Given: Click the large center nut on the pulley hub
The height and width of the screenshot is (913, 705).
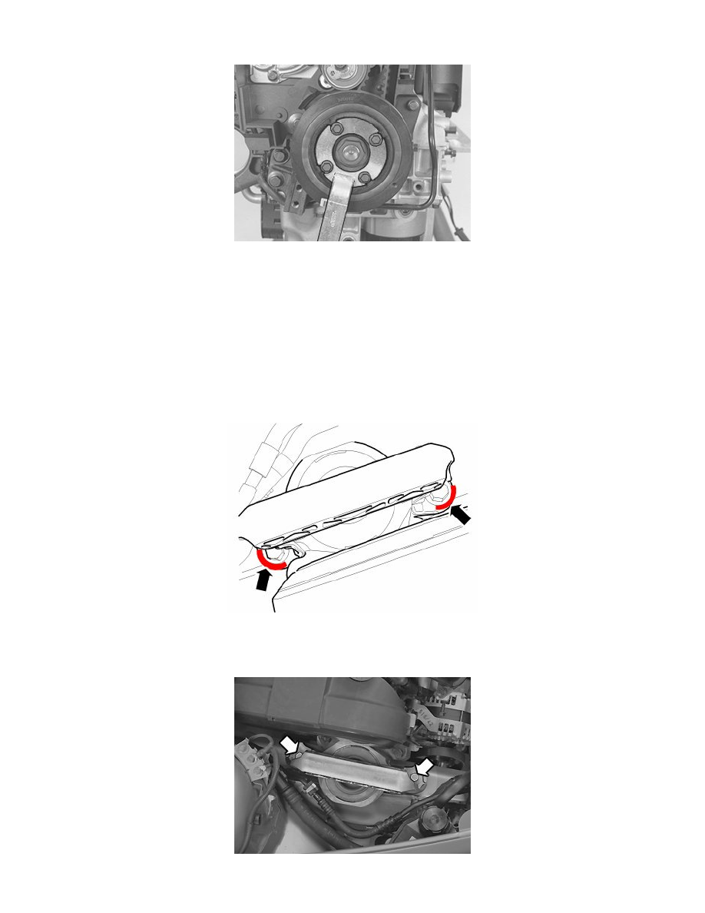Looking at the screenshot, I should pyautogui.click(x=351, y=152).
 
